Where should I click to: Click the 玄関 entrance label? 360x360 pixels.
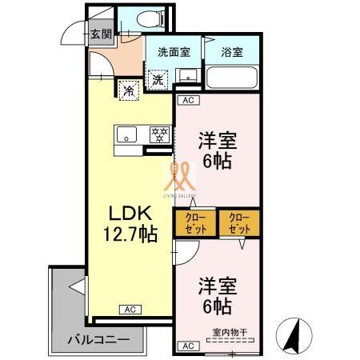[100, 34]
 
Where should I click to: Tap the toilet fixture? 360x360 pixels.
[151, 18]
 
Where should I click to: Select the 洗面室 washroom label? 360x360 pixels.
[174, 53]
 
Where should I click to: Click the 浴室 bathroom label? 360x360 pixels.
[232, 53]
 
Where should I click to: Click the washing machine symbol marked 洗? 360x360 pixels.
[158, 79]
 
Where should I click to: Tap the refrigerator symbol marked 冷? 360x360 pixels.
[127, 90]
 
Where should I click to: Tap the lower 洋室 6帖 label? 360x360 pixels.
[215, 294]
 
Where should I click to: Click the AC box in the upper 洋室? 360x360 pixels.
[187, 101]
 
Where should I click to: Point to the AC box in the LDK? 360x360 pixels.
[129, 309]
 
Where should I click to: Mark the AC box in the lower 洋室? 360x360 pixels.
[187, 346]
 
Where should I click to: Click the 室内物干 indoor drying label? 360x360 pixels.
[230, 332]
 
